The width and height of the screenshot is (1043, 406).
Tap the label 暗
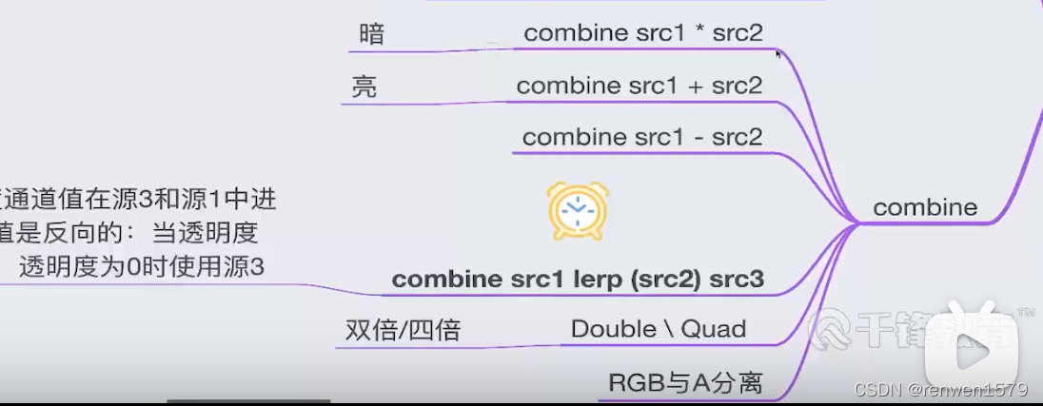(x=371, y=34)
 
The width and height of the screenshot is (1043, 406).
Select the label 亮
(x=364, y=87)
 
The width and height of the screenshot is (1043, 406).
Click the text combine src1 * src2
(x=643, y=33)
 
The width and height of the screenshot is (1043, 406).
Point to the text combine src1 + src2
(x=640, y=86)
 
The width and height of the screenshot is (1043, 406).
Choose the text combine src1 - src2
(x=642, y=137)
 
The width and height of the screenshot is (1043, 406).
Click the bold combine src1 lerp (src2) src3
(x=578, y=280)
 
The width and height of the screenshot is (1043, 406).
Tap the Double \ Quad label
(x=658, y=329)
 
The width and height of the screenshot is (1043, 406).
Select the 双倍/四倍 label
(x=403, y=330)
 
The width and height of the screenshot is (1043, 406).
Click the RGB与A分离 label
(x=685, y=383)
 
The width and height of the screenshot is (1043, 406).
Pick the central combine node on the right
(x=924, y=207)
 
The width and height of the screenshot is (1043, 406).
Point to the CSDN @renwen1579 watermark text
(x=940, y=390)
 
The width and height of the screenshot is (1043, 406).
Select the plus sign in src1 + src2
(x=695, y=87)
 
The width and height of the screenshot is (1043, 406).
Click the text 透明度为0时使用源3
(x=141, y=267)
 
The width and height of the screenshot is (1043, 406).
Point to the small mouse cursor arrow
(x=778, y=54)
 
